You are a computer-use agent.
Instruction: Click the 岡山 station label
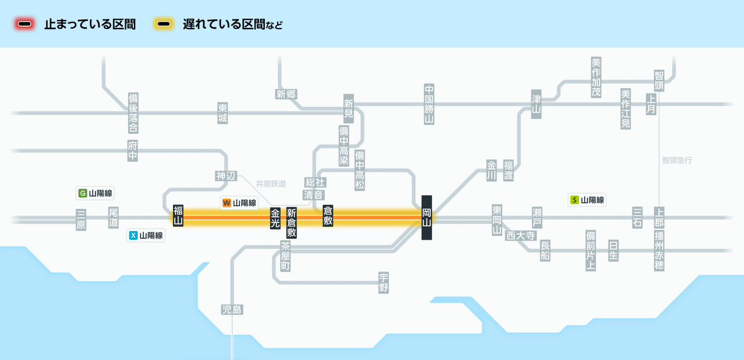pos(427,217)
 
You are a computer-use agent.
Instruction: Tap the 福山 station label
pos(178,216)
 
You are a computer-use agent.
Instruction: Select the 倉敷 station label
pos(328,216)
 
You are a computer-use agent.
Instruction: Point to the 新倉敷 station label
pos(291,222)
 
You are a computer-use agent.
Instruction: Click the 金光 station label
pos(275,218)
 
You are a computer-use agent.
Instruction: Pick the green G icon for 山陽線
pos(82,193)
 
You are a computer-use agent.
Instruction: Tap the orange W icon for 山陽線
pos(226,203)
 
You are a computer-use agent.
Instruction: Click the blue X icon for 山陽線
pos(133,235)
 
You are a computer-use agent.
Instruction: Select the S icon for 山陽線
pos(575,200)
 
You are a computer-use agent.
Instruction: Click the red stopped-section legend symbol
pos(25,24)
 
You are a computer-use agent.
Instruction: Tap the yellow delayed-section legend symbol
pos(164,24)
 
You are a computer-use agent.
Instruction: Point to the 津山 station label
pos(536,104)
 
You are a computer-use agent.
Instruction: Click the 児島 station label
pos(232,310)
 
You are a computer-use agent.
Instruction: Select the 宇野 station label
pos(384,283)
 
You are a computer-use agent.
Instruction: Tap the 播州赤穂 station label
pos(659,251)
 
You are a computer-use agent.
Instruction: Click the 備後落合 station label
pos(133,113)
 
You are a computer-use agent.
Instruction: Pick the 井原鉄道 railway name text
pos(271,184)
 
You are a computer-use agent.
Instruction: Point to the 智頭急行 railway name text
pos(677,160)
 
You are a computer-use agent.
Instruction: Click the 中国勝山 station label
pos(429,104)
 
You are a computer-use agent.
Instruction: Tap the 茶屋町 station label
pos(285,256)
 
